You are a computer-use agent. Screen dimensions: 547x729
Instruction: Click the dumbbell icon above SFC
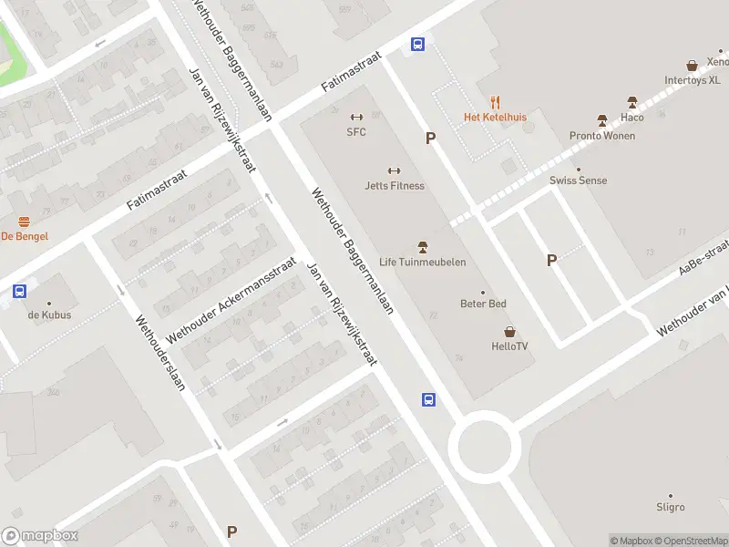[356, 117]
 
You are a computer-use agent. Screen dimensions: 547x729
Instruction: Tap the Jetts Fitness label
[395, 186]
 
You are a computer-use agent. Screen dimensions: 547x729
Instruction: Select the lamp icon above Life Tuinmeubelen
[422, 246]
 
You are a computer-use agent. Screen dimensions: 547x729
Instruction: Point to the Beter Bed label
[483, 304]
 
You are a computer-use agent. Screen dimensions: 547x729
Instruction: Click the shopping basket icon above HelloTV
[509, 331]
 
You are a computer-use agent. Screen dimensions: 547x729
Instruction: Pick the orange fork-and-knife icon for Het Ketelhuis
[495, 102]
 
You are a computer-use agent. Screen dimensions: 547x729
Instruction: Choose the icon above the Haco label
[631, 102]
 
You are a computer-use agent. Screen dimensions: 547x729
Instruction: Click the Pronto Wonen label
[602, 136]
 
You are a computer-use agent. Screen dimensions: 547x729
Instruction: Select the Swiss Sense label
[578, 181]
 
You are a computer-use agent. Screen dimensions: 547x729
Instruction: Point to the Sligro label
[670, 507]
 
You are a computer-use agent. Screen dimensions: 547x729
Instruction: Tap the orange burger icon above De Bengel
[25, 222]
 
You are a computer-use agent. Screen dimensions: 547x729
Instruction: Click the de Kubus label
[49, 315]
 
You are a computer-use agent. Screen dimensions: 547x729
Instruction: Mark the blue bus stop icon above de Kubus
[19, 292]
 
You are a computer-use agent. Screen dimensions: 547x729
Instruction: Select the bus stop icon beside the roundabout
[427, 399]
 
